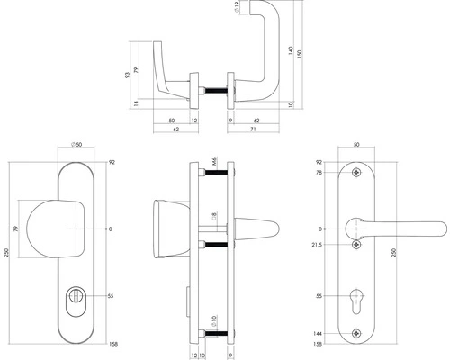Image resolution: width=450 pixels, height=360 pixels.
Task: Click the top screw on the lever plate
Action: point(358,174)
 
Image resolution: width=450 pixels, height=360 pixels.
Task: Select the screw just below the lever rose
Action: point(358,243)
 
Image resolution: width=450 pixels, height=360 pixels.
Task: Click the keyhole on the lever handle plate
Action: point(358,298)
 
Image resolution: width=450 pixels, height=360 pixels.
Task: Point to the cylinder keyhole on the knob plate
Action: point(74,295)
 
